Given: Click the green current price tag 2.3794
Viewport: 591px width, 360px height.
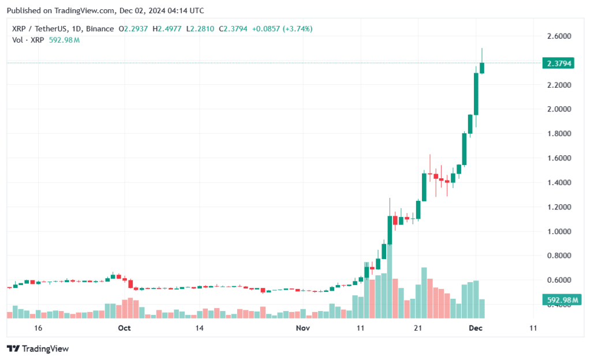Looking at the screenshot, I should point(558,63).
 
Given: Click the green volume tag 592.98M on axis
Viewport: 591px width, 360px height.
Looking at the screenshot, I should point(560,300).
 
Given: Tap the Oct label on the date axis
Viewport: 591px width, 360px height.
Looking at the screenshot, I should point(124,328).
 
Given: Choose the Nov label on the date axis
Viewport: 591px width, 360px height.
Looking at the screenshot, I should point(302,328).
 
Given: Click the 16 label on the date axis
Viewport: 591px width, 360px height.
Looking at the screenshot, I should point(38,328).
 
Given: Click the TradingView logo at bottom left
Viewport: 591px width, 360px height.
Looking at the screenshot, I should point(38,348).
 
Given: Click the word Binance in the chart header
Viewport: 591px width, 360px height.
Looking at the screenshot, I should point(99,29).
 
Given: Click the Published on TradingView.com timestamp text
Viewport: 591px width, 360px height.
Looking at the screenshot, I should point(105,10).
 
